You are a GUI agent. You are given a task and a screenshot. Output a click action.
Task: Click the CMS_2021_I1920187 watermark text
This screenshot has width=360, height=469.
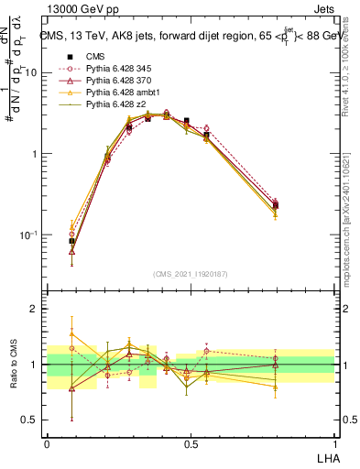click(x=190, y=273)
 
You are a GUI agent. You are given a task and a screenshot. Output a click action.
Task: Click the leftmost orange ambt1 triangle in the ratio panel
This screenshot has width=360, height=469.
click(x=71, y=334)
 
